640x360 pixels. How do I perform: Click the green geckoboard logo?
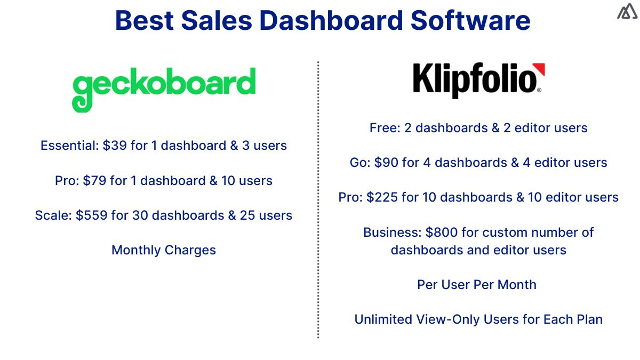164,87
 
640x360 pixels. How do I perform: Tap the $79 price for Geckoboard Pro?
94,181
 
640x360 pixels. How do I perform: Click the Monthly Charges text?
164,250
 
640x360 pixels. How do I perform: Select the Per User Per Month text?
477,285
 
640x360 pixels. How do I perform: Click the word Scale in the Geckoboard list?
52,215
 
